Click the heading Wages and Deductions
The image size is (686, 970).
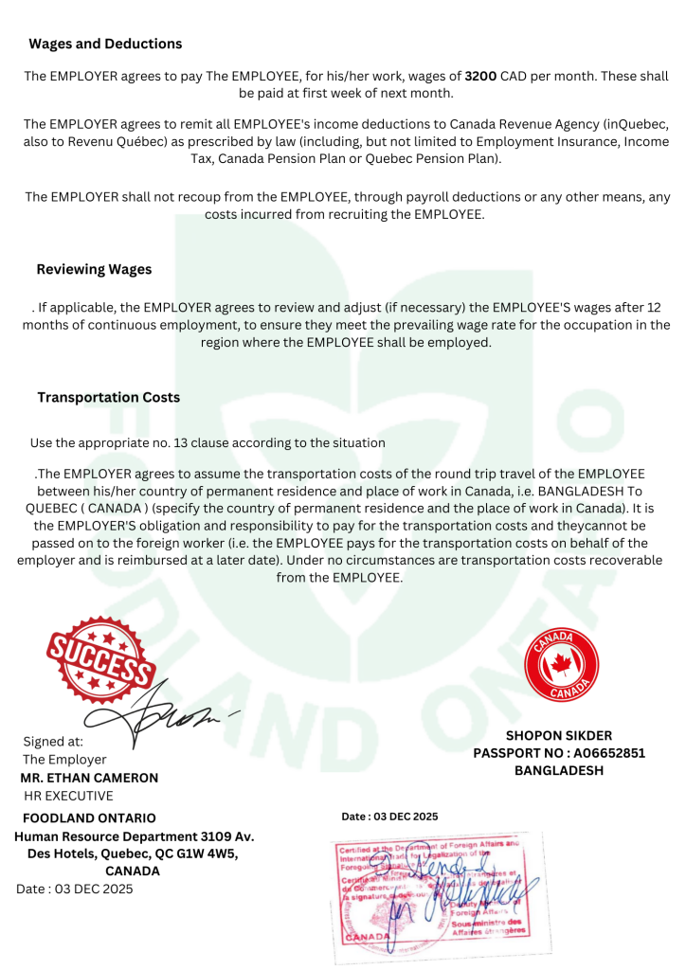[x=105, y=44]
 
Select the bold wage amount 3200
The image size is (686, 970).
[x=481, y=74]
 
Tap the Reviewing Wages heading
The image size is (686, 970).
[x=94, y=269]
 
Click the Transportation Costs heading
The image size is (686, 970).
[x=108, y=397]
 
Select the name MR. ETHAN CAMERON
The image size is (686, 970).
[x=89, y=778]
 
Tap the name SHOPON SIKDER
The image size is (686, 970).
[x=559, y=735]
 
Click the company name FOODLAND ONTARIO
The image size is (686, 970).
[x=89, y=817]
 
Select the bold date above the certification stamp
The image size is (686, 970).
[x=389, y=816]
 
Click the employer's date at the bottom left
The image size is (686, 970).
[x=75, y=889]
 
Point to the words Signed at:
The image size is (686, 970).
[x=53, y=741]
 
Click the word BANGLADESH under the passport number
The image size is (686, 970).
[x=559, y=770]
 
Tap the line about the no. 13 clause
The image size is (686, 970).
[x=208, y=442]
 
